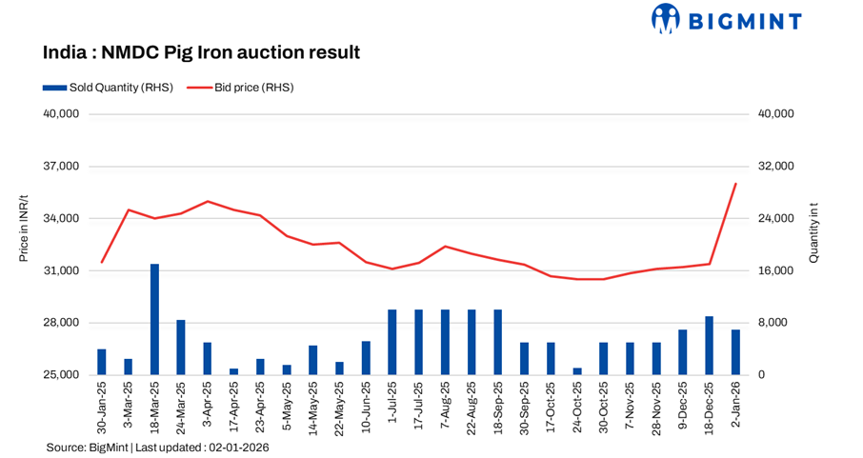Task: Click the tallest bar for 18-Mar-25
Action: [x=154, y=319]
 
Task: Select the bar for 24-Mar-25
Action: [x=181, y=348]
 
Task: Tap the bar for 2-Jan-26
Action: [x=735, y=352]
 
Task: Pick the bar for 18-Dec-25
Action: [x=709, y=346]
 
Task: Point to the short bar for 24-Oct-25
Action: [x=577, y=371]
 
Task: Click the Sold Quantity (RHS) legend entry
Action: [x=107, y=88]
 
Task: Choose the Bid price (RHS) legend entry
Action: [x=240, y=88]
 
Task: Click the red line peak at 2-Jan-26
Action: [x=735, y=184]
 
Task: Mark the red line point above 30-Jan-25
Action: [x=102, y=262]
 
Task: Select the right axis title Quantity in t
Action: [x=813, y=233]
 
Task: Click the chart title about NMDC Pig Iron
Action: [x=201, y=52]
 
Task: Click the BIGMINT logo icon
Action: [x=665, y=18]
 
